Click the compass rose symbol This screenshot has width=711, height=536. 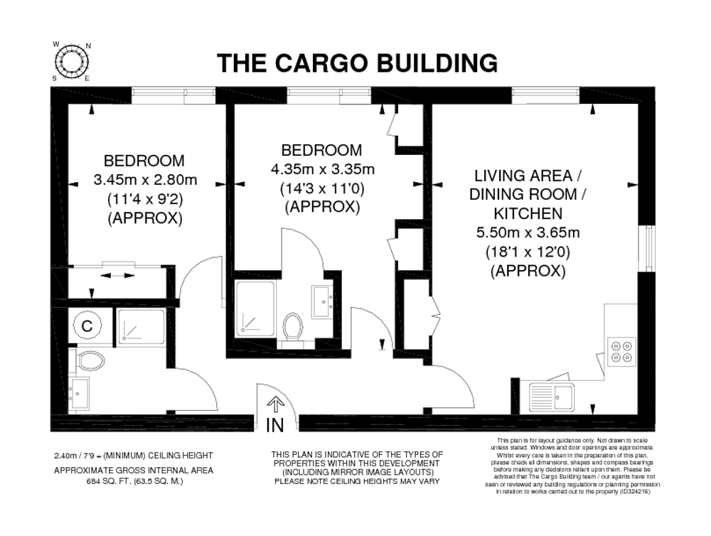coord(72,61)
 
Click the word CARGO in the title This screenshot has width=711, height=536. coord(322,63)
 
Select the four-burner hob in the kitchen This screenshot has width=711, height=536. coord(621,351)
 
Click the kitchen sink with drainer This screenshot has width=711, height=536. coord(552,397)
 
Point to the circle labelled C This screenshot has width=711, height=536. coord(87,326)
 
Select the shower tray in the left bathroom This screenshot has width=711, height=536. coord(141,326)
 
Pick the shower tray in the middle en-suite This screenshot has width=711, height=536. coord(255,309)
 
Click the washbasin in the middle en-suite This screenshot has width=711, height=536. coord(322,302)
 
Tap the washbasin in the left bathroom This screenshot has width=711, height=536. coord(78,392)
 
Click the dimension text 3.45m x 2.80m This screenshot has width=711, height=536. coord(146,180)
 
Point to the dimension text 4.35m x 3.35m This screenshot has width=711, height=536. coord(323,170)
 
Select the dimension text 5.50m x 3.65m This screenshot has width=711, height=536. coord(528,232)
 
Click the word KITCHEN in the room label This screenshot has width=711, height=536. coord(528,213)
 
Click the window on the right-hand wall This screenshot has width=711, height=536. coord(649,248)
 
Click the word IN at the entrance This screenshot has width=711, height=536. coord(274,425)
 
